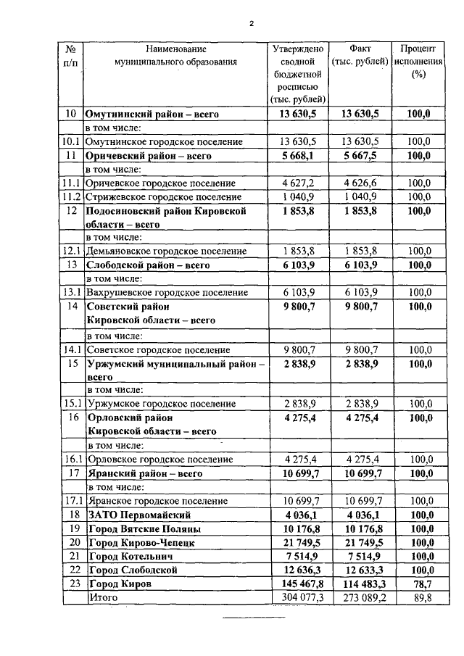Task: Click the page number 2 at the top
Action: (251, 23)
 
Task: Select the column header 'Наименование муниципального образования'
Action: (175, 56)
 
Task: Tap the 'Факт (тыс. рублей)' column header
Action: (360, 56)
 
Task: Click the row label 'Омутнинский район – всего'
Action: (152, 114)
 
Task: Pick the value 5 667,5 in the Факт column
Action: (360, 155)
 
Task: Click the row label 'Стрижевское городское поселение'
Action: (163, 196)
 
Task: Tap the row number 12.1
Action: (71, 251)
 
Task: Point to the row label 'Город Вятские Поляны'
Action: (144, 528)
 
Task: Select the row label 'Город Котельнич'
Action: (131, 556)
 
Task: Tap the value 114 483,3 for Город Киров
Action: (360, 584)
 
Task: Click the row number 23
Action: (71, 584)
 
